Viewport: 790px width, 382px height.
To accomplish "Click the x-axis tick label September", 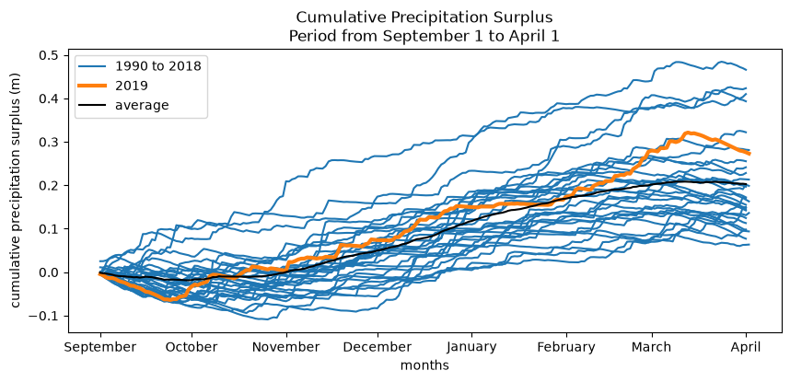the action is tap(99, 347).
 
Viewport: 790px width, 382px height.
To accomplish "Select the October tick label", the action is tap(192, 347).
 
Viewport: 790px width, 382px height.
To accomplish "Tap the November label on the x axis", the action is tap(286, 347).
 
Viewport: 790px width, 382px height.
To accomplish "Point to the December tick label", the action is tap(378, 347).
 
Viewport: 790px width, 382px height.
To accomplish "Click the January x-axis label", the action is tap(471, 348).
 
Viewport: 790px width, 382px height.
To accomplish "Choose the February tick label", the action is tap(566, 348).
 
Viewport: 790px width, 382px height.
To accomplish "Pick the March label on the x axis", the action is tap(653, 347).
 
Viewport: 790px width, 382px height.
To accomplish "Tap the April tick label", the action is tap(746, 348).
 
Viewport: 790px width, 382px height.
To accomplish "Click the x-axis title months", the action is tap(424, 365).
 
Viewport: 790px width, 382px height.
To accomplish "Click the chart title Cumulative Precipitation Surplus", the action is tap(424, 17).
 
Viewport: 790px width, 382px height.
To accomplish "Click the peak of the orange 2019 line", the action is tap(686, 133).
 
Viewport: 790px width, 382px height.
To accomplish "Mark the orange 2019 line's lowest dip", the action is tap(169, 300).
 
